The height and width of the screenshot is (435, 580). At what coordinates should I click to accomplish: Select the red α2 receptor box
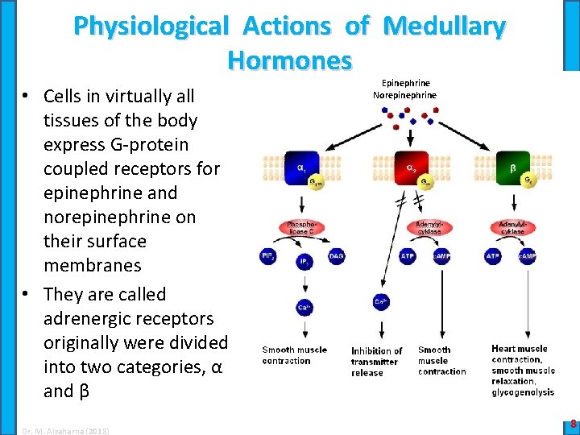pyautogui.click(x=410, y=168)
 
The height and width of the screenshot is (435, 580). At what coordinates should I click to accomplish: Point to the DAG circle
pyautogui.click(x=337, y=257)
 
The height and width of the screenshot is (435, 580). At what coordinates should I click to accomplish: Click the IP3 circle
pyautogui.click(x=303, y=263)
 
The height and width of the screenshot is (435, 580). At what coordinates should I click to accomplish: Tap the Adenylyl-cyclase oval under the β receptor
pyautogui.click(x=512, y=228)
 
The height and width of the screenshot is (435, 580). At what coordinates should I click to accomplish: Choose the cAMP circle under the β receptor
pyautogui.click(x=528, y=257)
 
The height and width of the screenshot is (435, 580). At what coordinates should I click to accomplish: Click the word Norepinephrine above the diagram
pyautogui.click(x=404, y=95)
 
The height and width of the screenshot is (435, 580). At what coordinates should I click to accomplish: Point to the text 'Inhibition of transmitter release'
pyautogui.click(x=375, y=362)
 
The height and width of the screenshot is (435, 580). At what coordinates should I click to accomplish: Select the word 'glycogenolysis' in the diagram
pyautogui.click(x=523, y=392)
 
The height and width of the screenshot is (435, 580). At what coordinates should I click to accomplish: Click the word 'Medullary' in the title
pyautogui.click(x=445, y=27)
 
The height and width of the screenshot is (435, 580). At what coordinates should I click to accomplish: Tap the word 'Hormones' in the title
pyautogui.click(x=289, y=60)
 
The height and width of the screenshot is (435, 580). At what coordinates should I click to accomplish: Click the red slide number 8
pyautogui.click(x=572, y=423)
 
